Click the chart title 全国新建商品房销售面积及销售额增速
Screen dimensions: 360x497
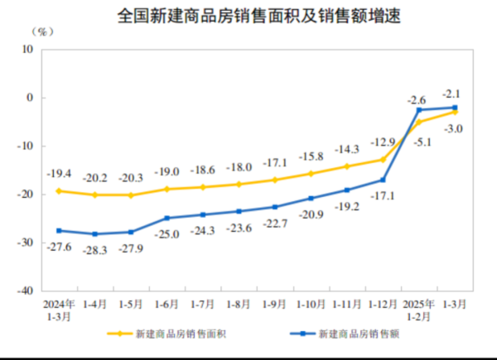click(x=248, y=15)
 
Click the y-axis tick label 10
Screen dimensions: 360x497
click(x=27, y=49)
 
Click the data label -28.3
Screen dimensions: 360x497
click(x=95, y=248)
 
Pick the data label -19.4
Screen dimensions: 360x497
click(x=60, y=175)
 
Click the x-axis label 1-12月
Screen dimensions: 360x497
click(x=382, y=305)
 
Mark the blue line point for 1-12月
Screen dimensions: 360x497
click(x=383, y=180)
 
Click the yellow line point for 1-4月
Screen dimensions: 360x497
click(x=95, y=195)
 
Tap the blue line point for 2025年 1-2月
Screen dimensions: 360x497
click(x=419, y=110)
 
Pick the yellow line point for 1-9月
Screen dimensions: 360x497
click(x=275, y=180)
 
